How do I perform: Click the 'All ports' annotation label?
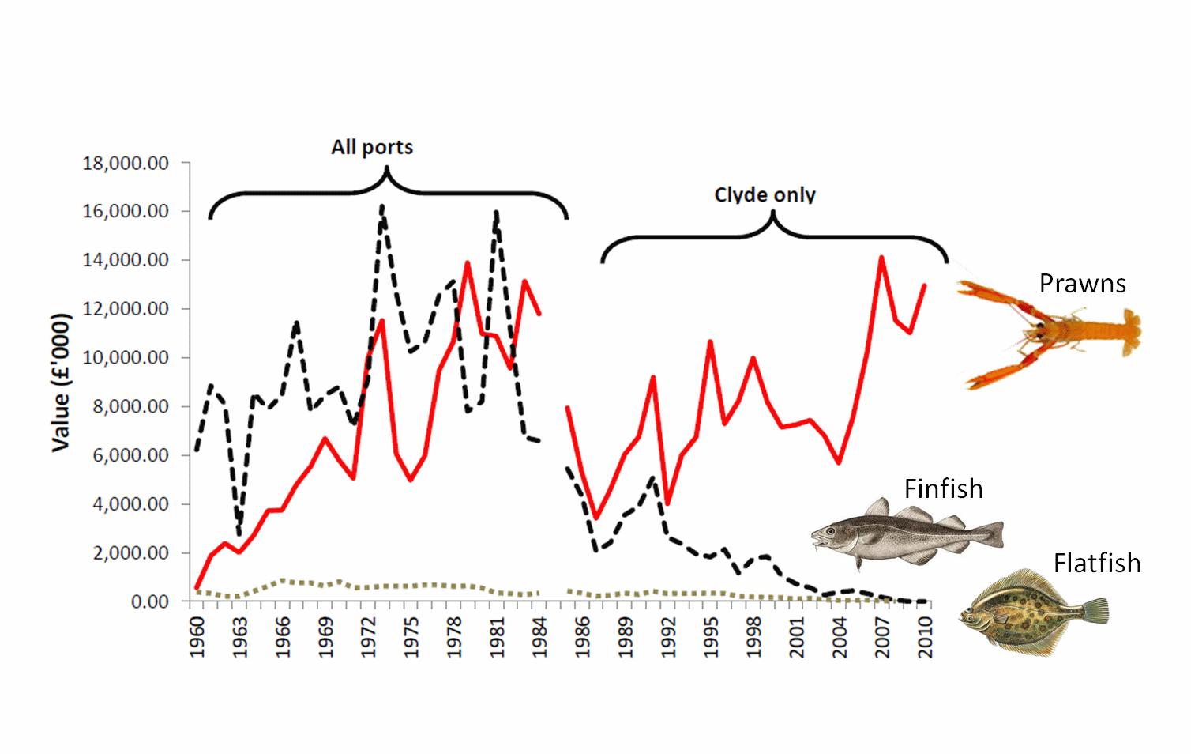(372, 148)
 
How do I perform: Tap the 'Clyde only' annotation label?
(765, 195)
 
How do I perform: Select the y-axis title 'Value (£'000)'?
(62, 383)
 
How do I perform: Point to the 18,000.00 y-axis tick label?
(126, 164)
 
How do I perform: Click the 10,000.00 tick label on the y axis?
(126, 358)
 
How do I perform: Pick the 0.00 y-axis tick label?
(149, 602)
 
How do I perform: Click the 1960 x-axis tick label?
(197, 637)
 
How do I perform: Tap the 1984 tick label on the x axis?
(540, 637)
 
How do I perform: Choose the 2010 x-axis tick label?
(926, 637)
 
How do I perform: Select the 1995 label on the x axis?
(712, 637)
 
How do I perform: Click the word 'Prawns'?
(1082, 284)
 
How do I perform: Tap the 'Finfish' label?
(943, 489)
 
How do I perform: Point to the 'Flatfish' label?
(1097, 564)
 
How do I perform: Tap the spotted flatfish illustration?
(1033, 613)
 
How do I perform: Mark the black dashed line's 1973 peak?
(382, 207)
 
